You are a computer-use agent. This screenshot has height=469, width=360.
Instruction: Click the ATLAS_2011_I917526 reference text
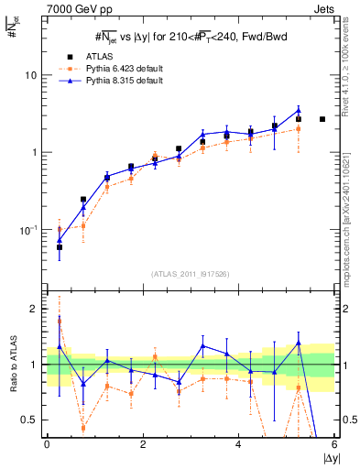(x=191, y=274)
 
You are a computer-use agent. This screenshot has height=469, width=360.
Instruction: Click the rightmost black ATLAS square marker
(x=322, y=119)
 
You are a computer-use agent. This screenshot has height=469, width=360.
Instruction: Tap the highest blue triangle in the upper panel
(x=299, y=110)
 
